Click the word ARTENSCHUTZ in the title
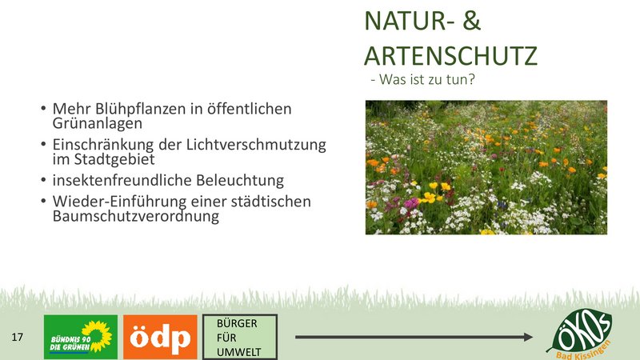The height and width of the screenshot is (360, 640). (450, 56)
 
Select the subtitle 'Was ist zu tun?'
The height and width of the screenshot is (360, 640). (427, 79)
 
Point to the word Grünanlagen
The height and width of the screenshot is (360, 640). (97, 123)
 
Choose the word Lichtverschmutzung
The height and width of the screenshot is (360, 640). (256, 145)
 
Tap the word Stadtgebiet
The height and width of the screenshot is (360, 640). (114, 159)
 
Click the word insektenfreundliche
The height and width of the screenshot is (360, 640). (122, 180)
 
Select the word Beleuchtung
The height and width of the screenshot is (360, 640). (240, 181)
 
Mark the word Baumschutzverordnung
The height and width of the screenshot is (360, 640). (135, 216)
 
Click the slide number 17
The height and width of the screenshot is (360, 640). (17, 337)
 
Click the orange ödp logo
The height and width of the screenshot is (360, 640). (160, 337)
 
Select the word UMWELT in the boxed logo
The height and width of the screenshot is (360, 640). (238, 352)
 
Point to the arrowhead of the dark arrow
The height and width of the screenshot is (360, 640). (528, 337)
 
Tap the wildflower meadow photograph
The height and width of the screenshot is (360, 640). (486, 167)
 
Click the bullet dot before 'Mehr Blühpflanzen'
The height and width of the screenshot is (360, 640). (43, 109)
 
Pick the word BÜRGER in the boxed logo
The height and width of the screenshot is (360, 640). (237, 323)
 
